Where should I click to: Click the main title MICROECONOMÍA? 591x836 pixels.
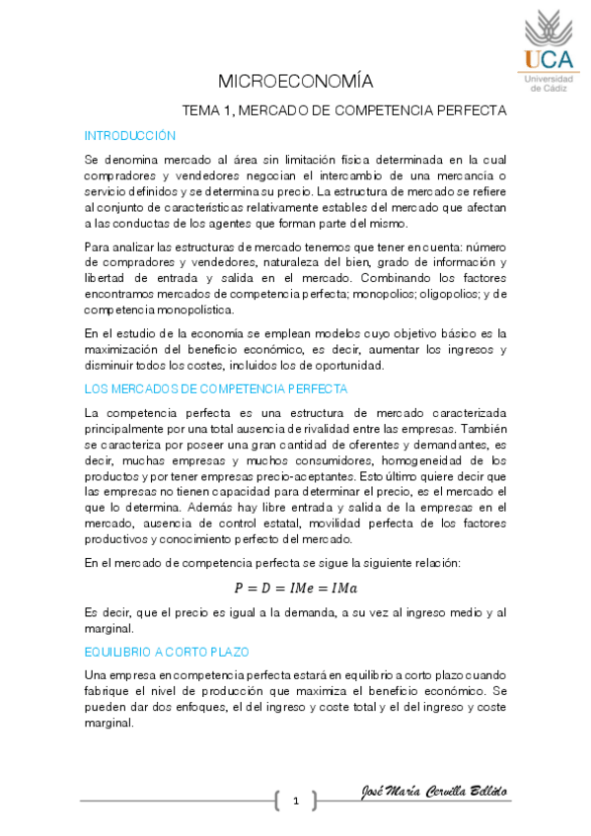295,81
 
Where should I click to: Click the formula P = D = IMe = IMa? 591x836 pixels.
296,589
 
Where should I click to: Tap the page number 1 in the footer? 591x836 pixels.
295,801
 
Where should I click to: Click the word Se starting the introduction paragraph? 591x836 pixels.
92,159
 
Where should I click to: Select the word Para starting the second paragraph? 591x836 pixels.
99,243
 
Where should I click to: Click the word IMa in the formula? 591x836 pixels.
342,589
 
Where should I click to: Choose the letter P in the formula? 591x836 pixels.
238,589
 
